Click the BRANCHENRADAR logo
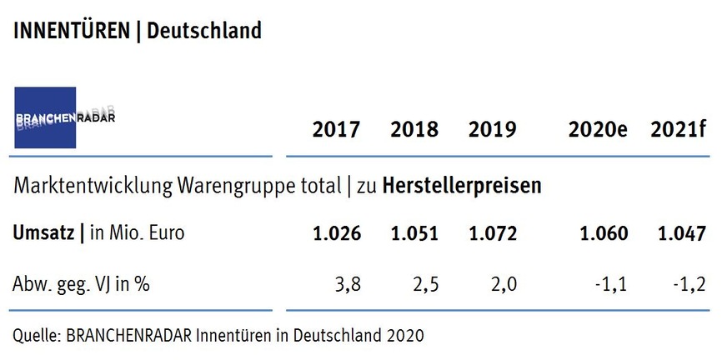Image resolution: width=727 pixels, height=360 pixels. point(57,117)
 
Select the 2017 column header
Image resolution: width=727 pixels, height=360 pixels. point(336,130)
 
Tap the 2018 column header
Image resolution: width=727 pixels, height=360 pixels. point(414,130)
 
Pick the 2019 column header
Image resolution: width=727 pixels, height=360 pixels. point(492,130)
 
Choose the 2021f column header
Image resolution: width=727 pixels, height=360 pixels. point(679,130)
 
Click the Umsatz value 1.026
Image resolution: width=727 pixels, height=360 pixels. point(336,234)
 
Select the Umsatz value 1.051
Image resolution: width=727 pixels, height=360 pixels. point(416,234)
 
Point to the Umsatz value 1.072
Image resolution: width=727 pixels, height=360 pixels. point(493,234)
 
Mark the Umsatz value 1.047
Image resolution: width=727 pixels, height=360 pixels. point(682,234)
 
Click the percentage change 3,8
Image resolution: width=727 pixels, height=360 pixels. point(348,284)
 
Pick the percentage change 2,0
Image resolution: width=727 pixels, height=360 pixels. point(504,284)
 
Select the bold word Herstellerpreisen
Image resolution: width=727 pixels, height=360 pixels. point(462,186)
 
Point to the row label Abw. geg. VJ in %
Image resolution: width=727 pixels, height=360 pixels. point(81,284)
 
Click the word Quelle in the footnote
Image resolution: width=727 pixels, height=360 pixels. point(34,336)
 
